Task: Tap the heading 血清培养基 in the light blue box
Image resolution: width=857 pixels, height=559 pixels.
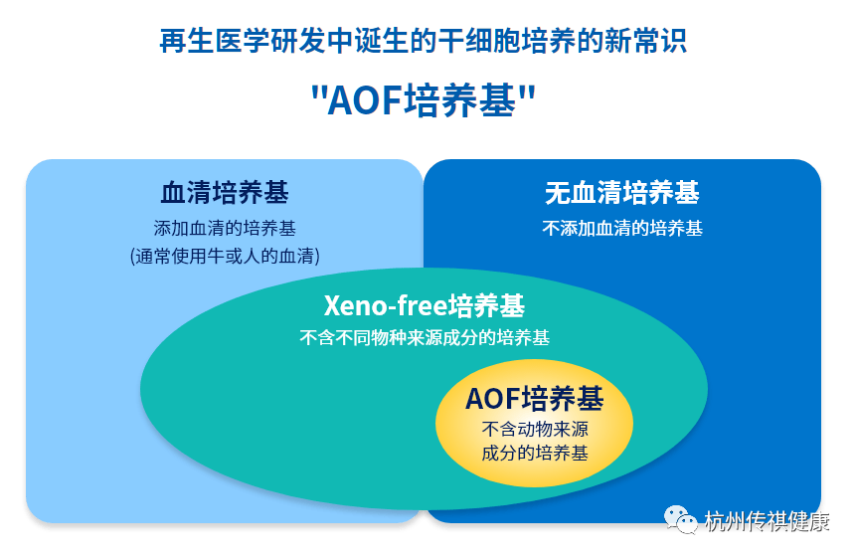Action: [x=225, y=192]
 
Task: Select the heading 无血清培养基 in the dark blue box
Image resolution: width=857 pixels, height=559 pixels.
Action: [x=621, y=192]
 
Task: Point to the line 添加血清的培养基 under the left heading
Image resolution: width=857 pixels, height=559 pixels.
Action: [x=225, y=227]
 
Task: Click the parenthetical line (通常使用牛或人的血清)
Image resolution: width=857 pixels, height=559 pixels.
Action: [x=225, y=256]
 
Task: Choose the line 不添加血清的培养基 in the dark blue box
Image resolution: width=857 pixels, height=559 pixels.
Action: [x=621, y=228]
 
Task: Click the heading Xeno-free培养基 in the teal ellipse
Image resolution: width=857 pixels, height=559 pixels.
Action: [x=425, y=305]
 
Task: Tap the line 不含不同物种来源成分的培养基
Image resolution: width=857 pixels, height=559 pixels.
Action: [x=425, y=337]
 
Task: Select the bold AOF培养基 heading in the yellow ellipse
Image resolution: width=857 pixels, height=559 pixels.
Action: [x=535, y=400]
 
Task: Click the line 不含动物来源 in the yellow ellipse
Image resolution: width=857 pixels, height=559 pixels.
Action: [x=535, y=431]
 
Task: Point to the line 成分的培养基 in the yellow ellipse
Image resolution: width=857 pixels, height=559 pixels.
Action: [x=535, y=454]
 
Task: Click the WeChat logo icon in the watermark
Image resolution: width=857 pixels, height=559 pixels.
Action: [x=681, y=519]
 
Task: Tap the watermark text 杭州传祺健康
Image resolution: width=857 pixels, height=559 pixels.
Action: [x=767, y=520]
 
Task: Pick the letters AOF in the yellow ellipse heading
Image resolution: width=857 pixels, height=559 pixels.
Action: [x=493, y=400]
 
